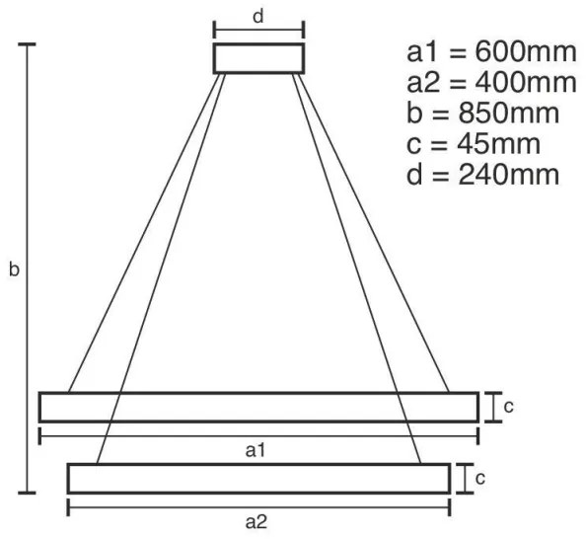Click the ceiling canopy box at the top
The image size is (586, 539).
(258, 58)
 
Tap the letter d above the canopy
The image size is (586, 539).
(257, 16)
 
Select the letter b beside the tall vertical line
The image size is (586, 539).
(13, 269)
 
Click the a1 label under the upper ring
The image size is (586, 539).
(257, 451)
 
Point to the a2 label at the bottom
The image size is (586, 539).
(257, 522)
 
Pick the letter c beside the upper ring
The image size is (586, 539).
(506, 407)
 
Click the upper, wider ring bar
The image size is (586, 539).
(257, 407)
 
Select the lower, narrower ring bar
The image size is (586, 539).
(257, 478)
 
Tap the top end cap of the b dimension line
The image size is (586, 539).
(27, 45)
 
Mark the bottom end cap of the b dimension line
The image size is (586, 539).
(27, 491)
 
